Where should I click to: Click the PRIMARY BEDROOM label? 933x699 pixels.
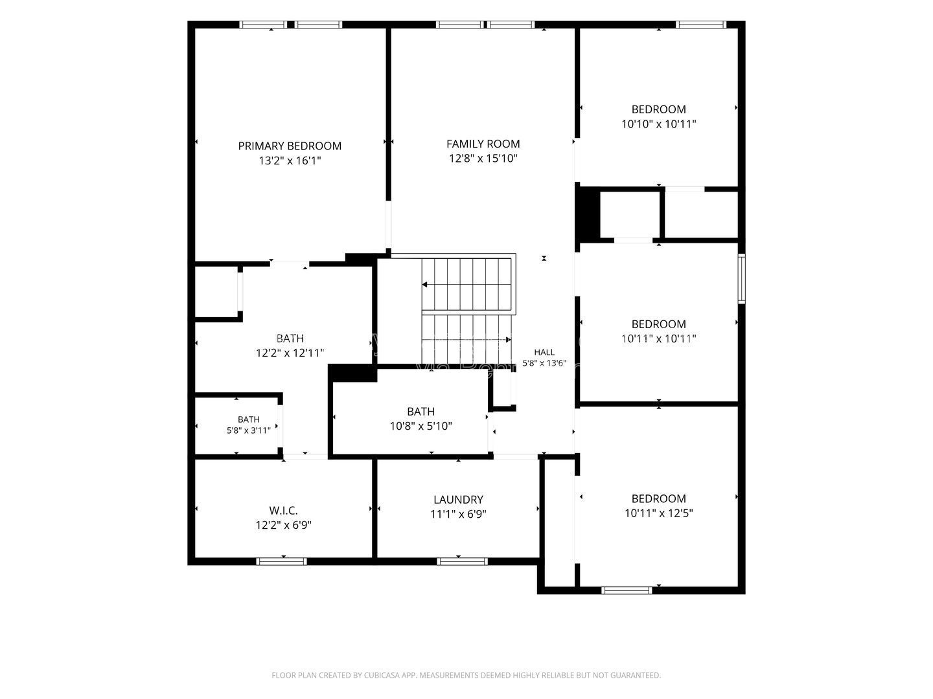290,146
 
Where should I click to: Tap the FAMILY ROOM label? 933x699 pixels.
483,144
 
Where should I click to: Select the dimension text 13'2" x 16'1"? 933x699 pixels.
290,161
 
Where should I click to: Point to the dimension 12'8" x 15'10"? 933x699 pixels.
483,159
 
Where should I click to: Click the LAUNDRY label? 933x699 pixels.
458,500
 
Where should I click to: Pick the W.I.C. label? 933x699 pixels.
283,510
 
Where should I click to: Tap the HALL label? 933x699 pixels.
544,352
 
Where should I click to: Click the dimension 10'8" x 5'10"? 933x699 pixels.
420,426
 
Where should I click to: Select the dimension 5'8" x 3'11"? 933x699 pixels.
249,431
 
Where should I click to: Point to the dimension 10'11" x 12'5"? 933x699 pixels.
658,513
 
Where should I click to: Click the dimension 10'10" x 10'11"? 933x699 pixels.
658,124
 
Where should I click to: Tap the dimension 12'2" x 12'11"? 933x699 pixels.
290,353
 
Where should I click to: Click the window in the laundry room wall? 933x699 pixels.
463,561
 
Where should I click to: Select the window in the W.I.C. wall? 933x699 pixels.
281,561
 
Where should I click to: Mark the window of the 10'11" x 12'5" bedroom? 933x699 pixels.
627,590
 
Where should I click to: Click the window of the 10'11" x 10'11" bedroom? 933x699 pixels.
741,278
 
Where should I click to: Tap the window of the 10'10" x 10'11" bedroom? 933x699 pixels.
701,25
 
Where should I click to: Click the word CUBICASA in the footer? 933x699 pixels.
382,675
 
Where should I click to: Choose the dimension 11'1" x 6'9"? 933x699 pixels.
458,515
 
